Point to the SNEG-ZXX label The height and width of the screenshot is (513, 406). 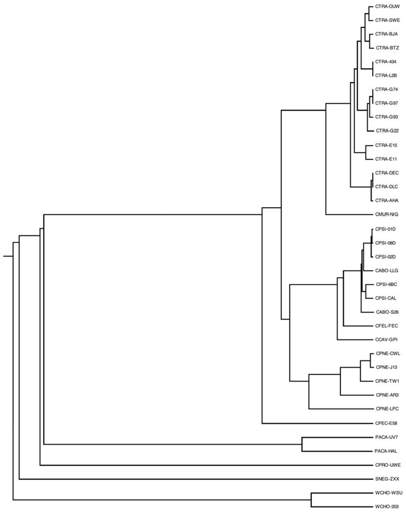387,479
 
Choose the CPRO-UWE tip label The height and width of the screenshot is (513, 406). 387,465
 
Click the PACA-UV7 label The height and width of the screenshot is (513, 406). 387,437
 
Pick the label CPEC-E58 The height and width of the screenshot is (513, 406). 387,423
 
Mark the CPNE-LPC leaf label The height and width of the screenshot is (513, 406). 387,409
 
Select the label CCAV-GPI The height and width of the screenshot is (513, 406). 387,340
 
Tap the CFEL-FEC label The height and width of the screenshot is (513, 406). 387,326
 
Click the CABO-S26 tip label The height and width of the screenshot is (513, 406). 388,312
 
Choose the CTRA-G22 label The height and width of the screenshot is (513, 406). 388,131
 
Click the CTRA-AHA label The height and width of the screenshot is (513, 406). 387,200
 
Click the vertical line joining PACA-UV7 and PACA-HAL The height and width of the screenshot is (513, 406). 302,444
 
